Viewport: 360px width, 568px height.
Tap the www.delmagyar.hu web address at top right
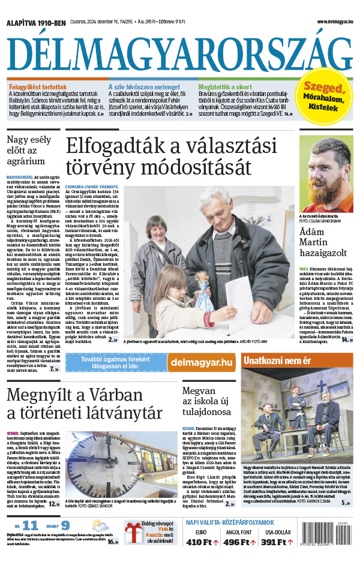(x=332, y=22)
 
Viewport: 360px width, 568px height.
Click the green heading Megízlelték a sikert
(x=226, y=86)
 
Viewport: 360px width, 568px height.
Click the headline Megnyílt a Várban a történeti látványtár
(x=85, y=404)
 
